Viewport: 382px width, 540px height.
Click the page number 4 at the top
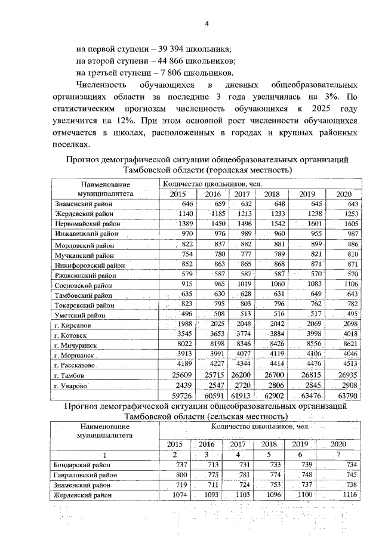click(x=207, y=24)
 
